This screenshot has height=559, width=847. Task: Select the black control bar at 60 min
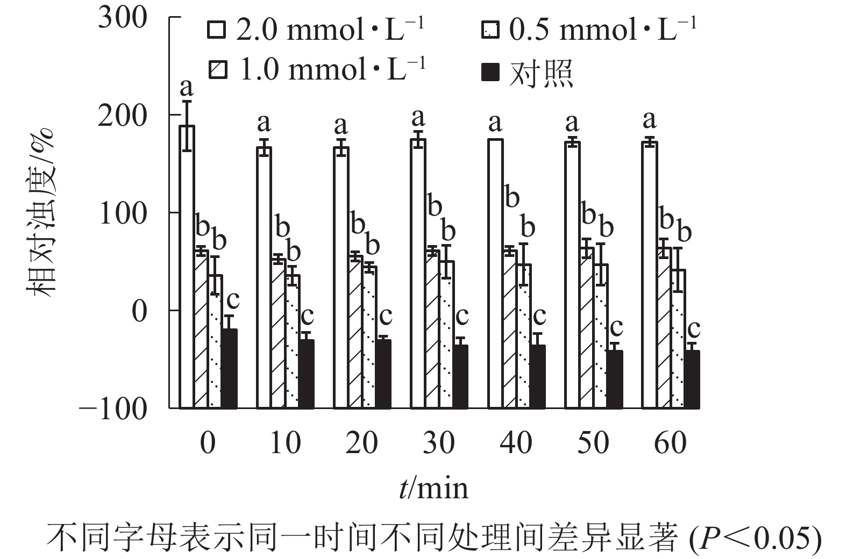[x=692, y=379]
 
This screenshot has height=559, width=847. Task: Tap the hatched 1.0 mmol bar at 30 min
[x=432, y=328]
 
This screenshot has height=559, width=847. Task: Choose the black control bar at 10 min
[x=306, y=374]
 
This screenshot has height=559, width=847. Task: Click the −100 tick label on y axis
[x=113, y=410]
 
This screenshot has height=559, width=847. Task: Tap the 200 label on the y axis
[x=123, y=116]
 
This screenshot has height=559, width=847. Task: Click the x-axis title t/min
[x=433, y=488]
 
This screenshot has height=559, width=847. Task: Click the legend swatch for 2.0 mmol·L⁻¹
[x=217, y=30]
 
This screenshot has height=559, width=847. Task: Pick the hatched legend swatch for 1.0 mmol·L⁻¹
[x=217, y=69]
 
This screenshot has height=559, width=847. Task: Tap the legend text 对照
[x=540, y=73]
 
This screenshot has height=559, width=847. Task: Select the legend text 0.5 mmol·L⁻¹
[x=602, y=30]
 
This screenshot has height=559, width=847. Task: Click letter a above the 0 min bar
[x=186, y=86]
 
